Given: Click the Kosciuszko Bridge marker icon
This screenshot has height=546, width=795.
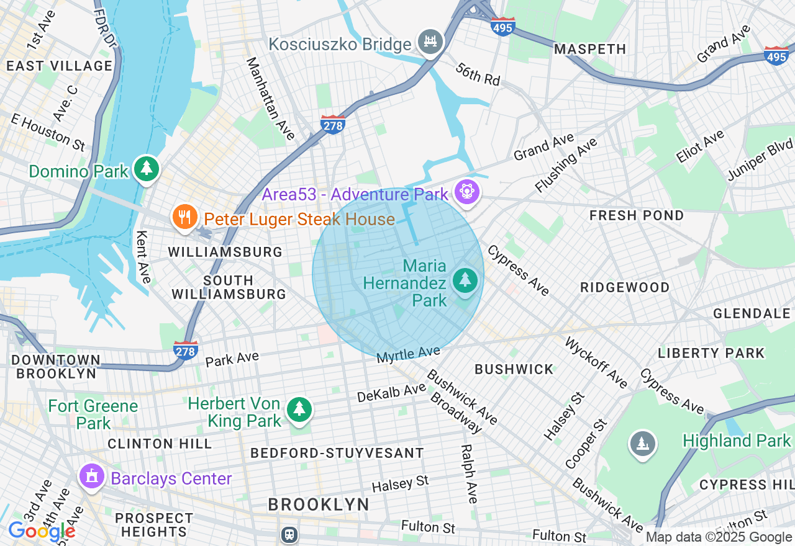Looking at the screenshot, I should [430, 42].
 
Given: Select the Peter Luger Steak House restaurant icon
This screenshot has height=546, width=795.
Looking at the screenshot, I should [184, 217].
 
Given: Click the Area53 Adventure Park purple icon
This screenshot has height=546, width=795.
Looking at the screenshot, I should [466, 192].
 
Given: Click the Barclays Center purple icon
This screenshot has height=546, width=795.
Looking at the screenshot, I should [92, 477].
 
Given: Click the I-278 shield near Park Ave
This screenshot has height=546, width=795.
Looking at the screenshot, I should [186, 350].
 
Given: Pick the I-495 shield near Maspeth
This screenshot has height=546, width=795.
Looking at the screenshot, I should [502, 26].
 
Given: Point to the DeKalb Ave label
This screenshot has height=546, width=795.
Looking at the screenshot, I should [391, 392].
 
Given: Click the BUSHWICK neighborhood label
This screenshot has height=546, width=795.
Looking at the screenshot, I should [514, 369].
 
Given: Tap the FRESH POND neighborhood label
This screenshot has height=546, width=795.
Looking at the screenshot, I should [637, 215].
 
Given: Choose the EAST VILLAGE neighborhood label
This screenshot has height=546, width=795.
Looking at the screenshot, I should [59, 66].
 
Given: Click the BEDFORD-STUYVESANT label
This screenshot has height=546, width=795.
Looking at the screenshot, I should [337, 453].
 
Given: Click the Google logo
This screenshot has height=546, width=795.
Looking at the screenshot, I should [41, 532].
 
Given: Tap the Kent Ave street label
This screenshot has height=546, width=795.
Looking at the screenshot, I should [143, 257].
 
